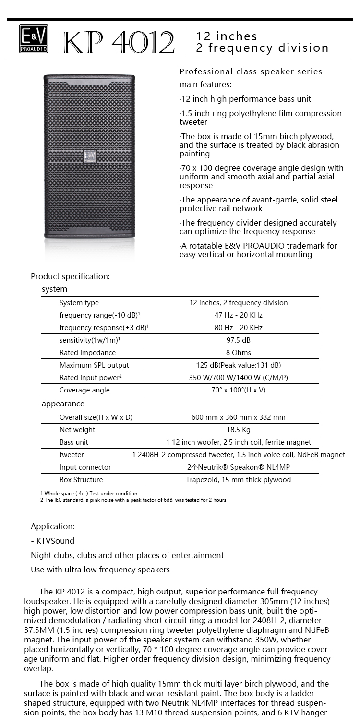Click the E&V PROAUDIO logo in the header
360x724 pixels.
click(x=34, y=38)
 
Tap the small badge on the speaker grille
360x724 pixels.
click(x=90, y=157)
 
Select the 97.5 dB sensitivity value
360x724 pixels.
click(x=239, y=340)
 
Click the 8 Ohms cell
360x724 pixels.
click(x=239, y=353)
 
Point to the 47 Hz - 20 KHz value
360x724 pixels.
click(x=239, y=315)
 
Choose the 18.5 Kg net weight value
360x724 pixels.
click(x=239, y=430)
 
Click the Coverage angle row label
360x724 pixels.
click(x=84, y=390)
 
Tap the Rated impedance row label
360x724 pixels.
click(x=87, y=353)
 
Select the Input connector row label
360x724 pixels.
click(x=85, y=467)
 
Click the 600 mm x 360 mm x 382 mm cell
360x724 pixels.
click(x=239, y=417)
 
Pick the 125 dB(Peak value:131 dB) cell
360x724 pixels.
click(x=239, y=365)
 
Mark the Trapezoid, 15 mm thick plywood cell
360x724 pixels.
click(x=239, y=480)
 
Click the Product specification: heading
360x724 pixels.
click(x=70, y=276)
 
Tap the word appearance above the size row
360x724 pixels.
click(x=63, y=404)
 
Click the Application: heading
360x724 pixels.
click(x=52, y=526)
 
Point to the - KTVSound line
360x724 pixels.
click(x=52, y=541)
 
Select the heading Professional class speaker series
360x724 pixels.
click(x=251, y=72)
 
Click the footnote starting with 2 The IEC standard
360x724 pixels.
click(x=133, y=500)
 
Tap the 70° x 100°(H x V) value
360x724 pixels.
click(x=239, y=390)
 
